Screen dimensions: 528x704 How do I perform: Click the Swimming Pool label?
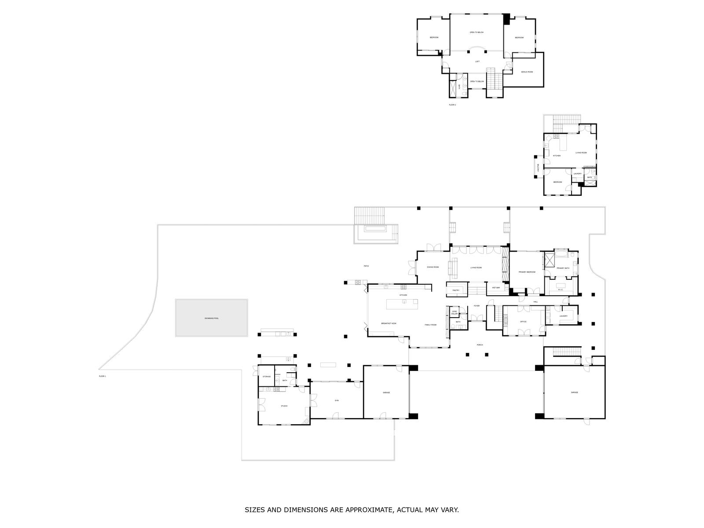click(x=212, y=318)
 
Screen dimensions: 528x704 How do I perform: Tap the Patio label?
click(x=366, y=266)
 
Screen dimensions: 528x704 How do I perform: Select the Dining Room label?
click(x=433, y=267)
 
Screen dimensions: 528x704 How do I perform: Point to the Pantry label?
click(x=456, y=290)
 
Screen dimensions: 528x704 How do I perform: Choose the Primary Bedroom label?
click(x=527, y=272)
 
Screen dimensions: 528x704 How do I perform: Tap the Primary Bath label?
click(x=563, y=268)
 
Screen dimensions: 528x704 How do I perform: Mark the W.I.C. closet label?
click(x=560, y=290)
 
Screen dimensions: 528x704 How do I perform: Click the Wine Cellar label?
click(x=455, y=312)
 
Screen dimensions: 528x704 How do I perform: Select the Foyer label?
click(x=477, y=306)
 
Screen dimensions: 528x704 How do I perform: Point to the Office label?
click(x=523, y=322)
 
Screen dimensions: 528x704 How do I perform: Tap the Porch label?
click(x=480, y=345)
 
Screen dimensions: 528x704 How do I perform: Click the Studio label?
click(x=284, y=406)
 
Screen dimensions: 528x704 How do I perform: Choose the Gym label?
click(x=337, y=400)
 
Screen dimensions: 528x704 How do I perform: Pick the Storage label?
click(x=267, y=377)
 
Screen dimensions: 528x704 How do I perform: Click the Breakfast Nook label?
click(x=389, y=324)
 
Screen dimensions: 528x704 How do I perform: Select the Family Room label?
click(x=430, y=325)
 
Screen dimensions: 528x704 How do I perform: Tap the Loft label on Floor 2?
click(x=477, y=62)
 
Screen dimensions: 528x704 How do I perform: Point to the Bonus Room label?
click(x=527, y=72)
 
